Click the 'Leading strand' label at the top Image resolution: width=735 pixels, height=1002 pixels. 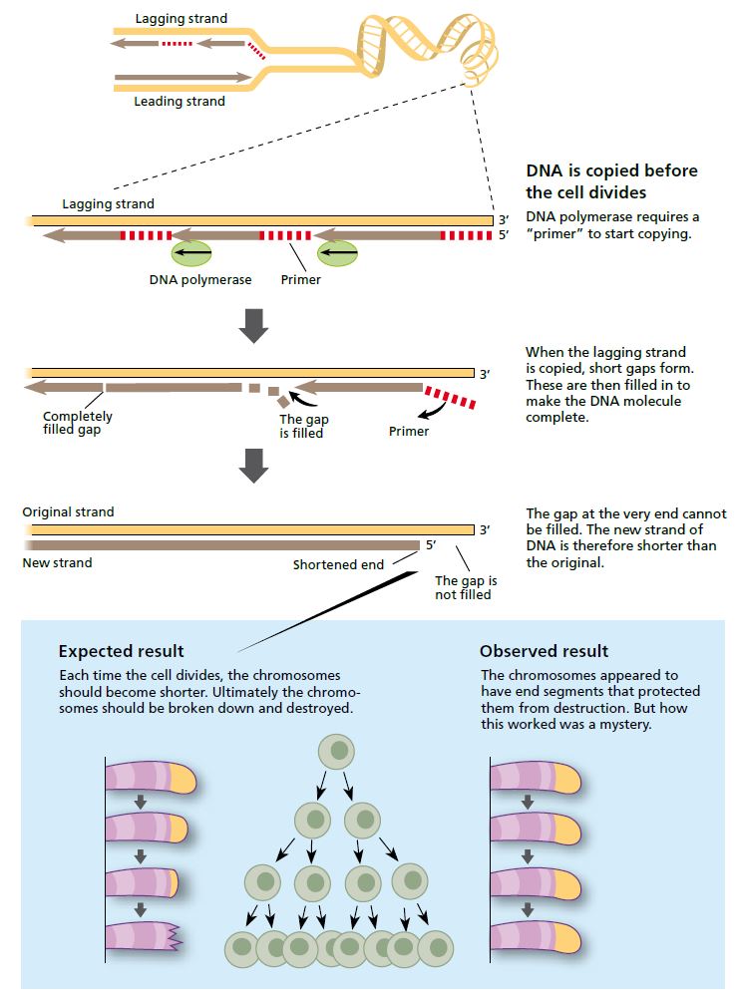click(x=180, y=101)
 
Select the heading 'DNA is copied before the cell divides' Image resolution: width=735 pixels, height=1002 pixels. click(x=611, y=180)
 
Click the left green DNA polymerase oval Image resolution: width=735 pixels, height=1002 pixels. click(x=190, y=254)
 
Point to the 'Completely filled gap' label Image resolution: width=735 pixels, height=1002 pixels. click(x=78, y=423)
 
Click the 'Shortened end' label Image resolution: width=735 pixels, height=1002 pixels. click(x=338, y=565)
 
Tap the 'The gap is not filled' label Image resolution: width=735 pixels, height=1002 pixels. click(x=466, y=587)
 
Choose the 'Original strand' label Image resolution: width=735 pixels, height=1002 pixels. click(x=68, y=511)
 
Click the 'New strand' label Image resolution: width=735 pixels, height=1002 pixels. click(x=57, y=562)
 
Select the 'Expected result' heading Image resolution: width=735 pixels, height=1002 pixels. click(x=121, y=651)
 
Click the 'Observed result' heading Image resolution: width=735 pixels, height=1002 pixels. click(x=544, y=651)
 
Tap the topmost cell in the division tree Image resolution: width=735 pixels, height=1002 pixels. click(x=337, y=752)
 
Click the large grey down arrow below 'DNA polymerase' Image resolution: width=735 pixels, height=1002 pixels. click(x=255, y=324)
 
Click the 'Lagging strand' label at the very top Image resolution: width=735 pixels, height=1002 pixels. click(x=181, y=18)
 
